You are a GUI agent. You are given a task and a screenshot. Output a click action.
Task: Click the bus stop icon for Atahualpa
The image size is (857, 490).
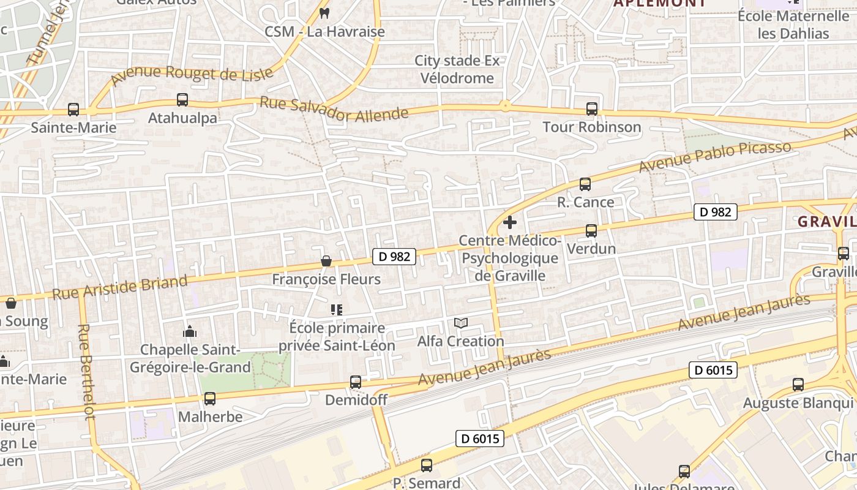tap(182, 100)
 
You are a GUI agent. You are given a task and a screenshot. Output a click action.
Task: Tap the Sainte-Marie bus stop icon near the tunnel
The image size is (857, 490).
tap(73, 110)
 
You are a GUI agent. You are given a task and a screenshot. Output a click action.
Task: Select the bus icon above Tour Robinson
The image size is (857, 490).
tap(591, 109)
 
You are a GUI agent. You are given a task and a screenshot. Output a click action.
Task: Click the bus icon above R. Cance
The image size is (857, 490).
tap(585, 184)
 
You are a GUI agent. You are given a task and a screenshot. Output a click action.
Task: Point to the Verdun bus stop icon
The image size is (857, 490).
tap(591, 231)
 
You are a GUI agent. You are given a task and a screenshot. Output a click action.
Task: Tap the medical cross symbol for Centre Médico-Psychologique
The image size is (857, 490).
tap(509, 222)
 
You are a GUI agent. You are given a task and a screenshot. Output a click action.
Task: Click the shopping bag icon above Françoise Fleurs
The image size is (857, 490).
tap(326, 262)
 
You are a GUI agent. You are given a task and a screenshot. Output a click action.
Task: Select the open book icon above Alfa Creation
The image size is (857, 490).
tap(461, 323)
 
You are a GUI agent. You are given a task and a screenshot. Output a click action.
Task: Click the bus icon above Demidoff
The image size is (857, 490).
tap(355, 382)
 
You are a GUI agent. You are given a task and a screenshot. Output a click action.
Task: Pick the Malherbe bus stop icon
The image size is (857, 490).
tap(210, 399)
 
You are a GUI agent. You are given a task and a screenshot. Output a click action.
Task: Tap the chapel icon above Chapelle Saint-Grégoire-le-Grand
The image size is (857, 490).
tap(190, 332)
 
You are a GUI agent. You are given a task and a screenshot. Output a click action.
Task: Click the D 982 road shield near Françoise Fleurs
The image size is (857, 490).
tap(394, 257)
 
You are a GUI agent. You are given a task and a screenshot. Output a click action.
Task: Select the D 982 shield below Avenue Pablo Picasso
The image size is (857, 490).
tap(715, 212)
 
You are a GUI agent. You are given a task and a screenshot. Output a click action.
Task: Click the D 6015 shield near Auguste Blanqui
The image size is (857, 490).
tap(713, 370)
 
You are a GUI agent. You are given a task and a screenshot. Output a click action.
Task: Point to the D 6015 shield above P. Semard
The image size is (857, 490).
tap(480, 439)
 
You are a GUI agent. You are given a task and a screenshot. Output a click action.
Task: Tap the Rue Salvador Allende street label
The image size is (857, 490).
tap(334, 110)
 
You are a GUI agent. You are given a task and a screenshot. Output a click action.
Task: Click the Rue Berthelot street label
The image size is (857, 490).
tap(86, 372)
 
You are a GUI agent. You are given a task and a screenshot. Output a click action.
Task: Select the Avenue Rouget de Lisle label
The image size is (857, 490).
tap(192, 74)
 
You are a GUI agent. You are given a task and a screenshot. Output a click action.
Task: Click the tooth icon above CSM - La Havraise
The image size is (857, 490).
tap(324, 13)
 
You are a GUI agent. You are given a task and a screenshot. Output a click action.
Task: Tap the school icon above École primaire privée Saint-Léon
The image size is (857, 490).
tap(336, 310)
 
